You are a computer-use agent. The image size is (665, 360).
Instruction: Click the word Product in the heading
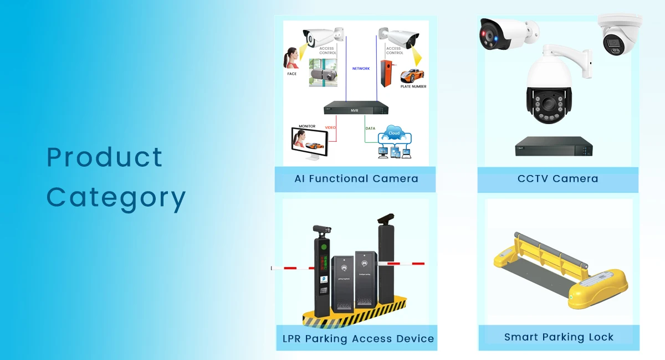[105, 158]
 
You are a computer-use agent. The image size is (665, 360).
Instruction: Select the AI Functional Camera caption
[356, 179]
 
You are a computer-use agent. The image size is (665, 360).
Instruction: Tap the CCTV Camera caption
[557, 179]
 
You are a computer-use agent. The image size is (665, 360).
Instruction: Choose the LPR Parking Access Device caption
[356, 338]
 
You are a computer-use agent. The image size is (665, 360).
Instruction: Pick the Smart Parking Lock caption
[559, 337]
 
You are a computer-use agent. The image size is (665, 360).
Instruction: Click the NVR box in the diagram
[355, 110]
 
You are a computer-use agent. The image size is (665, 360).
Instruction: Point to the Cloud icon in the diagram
[394, 133]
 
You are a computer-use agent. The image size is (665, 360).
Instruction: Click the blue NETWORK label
[361, 69]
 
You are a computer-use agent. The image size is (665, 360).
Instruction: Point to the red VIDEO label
[330, 128]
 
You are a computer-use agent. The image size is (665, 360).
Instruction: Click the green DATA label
[370, 128]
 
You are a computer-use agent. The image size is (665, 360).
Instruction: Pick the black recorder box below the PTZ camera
[554, 146]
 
